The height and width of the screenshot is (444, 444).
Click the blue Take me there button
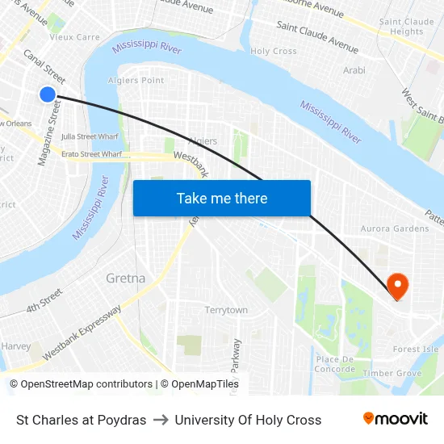222,199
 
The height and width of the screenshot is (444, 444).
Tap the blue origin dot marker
48,94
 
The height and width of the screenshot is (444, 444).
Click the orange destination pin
397,287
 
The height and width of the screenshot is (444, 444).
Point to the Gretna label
126,279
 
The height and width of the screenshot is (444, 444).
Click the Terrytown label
226,310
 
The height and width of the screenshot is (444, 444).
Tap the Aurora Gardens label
395,228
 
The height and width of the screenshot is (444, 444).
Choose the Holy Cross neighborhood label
274,51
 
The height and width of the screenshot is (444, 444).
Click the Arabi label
354,71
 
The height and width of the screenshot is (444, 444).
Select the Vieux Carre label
74,37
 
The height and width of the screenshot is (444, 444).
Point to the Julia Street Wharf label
90,136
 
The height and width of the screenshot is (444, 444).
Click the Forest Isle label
416,350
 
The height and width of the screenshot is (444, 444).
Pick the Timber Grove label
392,374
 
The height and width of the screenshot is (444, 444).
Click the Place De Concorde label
336,364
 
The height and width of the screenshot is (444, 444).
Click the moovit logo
395,419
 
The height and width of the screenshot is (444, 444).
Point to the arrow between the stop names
160,420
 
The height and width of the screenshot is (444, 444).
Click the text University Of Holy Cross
248,420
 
